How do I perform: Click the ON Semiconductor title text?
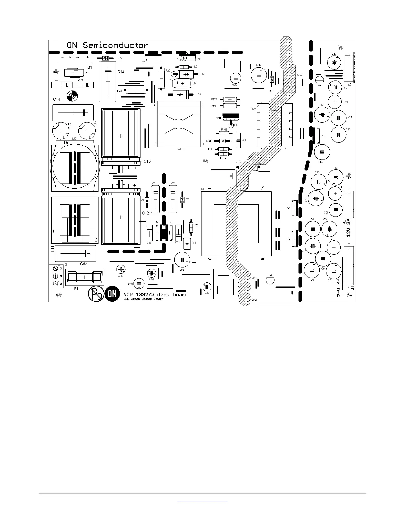click(x=107, y=45)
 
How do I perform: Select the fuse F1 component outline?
click(x=85, y=277)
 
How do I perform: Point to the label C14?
click(x=121, y=72)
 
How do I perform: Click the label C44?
click(x=57, y=99)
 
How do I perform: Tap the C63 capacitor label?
click(x=84, y=264)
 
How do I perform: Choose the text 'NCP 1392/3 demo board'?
click(x=155, y=294)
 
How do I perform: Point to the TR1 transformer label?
click(x=202, y=189)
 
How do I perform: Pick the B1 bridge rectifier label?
click(x=90, y=67)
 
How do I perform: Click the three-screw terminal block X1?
click(x=56, y=276)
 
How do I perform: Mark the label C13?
click(x=147, y=161)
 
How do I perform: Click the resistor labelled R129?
click(x=230, y=99)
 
